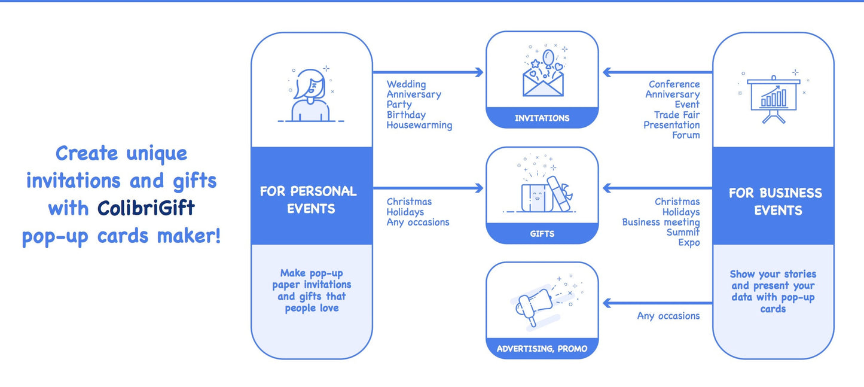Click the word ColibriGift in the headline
click(x=146, y=208)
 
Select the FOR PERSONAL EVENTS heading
click(x=308, y=200)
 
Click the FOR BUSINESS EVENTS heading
click(x=775, y=202)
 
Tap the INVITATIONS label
click(x=542, y=118)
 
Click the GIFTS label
click(x=542, y=234)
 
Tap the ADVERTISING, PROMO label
click(x=542, y=349)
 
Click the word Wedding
click(x=406, y=84)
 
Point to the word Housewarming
click(x=419, y=125)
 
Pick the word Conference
click(x=674, y=84)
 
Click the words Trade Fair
click(x=676, y=115)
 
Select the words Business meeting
click(x=661, y=222)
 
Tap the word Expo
click(x=689, y=242)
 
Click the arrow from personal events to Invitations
click(x=428, y=72)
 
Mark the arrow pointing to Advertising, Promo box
click(x=658, y=303)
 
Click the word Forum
click(x=686, y=135)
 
